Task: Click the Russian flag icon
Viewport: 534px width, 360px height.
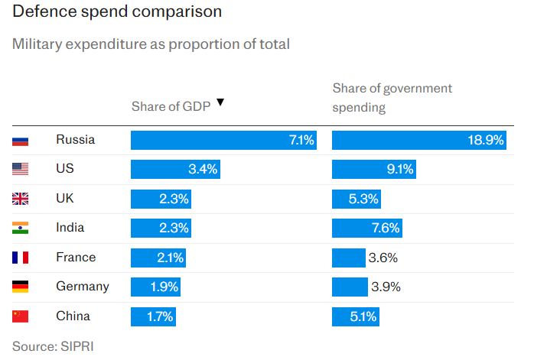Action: point(21,140)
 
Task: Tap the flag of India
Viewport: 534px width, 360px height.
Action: point(21,228)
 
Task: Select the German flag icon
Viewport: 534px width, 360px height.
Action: point(21,287)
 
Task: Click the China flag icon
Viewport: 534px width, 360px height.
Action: point(21,316)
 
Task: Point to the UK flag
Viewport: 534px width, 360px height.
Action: point(21,199)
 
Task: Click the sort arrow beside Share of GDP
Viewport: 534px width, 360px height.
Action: point(220,102)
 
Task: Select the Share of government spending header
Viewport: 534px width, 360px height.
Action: point(392,98)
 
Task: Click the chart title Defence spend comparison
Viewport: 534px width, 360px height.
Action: point(118,12)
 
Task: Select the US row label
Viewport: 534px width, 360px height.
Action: point(65,169)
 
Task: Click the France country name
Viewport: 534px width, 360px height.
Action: point(76,258)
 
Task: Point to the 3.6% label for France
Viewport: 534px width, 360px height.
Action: point(383,258)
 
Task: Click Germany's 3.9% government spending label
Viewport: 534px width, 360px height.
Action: point(385,287)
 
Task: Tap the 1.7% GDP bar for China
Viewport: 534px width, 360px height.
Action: point(153,316)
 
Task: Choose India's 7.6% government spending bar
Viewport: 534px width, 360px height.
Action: point(366,228)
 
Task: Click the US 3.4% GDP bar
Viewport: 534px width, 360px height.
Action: point(175,169)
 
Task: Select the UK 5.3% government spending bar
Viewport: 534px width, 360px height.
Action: point(356,199)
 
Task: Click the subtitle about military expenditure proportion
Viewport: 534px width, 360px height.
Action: point(151,44)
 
